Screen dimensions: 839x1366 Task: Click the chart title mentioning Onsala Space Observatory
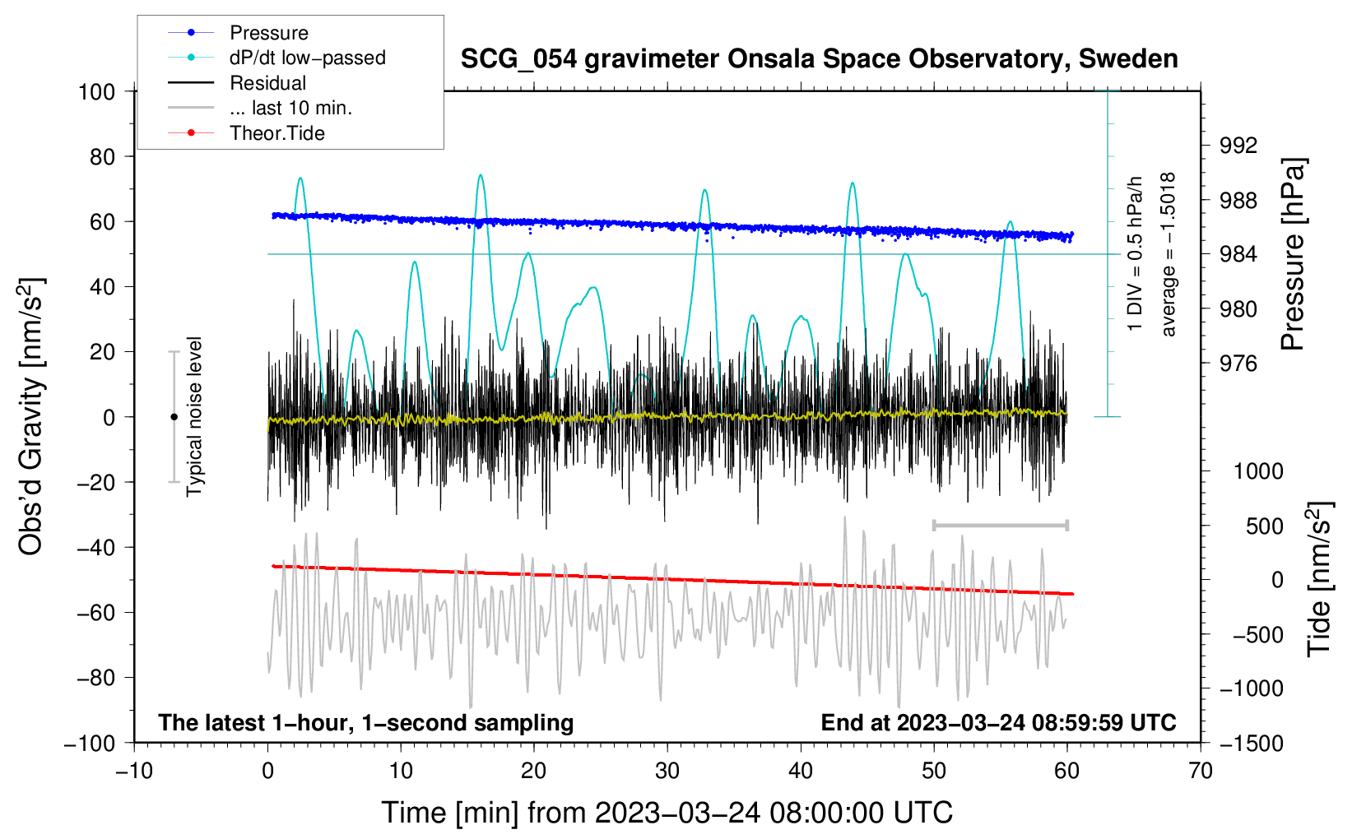click(819, 59)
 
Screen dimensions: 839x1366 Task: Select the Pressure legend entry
click(268, 33)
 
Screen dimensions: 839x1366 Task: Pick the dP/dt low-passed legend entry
click(307, 58)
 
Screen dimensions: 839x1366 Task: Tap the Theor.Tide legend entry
click(276, 133)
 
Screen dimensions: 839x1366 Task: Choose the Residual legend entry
click(267, 83)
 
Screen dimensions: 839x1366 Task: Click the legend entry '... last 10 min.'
click(290, 108)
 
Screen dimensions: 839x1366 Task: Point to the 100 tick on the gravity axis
click(97, 91)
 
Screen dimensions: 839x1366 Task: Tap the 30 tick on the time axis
click(667, 771)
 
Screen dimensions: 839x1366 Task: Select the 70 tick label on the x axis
click(1201, 771)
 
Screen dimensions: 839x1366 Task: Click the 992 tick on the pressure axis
click(1238, 146)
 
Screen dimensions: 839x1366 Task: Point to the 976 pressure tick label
click(1238, 364)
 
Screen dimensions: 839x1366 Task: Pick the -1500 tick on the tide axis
click(1252, 743)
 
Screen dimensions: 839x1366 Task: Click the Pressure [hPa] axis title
click(1293, 255)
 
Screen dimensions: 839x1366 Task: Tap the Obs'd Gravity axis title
click(31, 416)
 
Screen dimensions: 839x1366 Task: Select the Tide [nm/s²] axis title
click(1319, 577)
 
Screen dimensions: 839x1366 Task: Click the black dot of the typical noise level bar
click(174, 417)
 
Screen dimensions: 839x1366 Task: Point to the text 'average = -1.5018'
click(1169, 255)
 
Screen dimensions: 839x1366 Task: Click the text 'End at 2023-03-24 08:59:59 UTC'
click(998, 722)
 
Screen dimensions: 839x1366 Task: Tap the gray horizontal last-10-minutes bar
click(1000, 525)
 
